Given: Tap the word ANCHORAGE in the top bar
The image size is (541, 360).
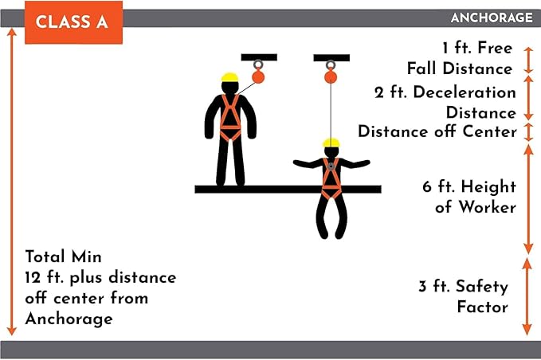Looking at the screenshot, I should [x=491, y=18].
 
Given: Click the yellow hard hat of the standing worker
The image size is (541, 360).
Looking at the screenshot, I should [x=230, y=78].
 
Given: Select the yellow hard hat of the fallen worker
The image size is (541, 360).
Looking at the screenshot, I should [x=331, y=143].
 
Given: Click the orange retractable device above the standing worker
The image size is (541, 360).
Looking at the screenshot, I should [x=257, y=76].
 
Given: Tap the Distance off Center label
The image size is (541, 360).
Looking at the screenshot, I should [x=437, y=131].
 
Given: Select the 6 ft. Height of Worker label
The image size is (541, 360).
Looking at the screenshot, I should [x=468, y=197].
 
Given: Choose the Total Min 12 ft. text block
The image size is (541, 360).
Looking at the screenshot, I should [x=100, y=288].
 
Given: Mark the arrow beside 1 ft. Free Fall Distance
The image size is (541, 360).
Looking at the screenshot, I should [x=527, y=61].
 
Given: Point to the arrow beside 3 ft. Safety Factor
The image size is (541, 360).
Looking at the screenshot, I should [x=526, y=296].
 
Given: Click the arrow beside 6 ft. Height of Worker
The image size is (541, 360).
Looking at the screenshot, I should [x=527, y=198].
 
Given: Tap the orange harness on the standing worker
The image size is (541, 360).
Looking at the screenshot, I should [x=230, y=118].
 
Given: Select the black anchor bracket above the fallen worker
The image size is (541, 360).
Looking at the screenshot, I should [x=331, y=57].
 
